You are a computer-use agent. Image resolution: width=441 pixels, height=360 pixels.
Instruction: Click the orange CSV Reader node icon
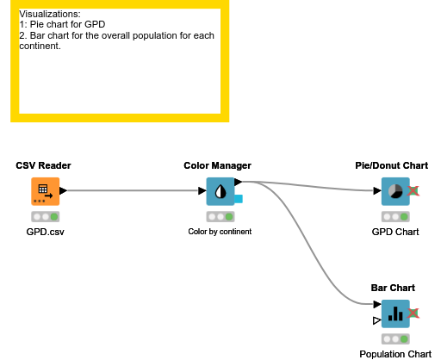click(x=45, y=191)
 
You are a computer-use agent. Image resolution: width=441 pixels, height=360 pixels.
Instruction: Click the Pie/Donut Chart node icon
click(x=394, y=191)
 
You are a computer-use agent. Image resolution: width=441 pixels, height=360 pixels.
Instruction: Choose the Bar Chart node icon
click(x=394, y=313)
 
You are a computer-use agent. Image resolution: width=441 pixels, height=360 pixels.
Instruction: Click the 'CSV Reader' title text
click(x=43, y=165)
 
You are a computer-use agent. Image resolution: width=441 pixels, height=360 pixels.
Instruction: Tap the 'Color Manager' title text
click(x=218, y=165)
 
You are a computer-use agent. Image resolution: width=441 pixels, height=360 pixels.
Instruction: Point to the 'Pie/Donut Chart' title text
click(x=391, y=165)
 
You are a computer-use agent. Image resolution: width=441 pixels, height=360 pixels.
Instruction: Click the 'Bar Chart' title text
click(x=393, y=288)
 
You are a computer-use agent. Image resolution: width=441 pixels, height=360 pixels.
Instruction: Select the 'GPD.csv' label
click(x=45, y=232)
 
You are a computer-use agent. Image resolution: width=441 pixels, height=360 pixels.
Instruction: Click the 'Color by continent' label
click(x=219, y=232)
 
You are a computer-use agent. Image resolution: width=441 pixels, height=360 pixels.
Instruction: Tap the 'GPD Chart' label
click(x=394, y=232)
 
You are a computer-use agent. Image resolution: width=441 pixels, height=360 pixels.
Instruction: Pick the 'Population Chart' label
click(x=395, y=354)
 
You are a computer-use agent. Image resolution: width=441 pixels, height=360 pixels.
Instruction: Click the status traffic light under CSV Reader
click(x=45, y=217)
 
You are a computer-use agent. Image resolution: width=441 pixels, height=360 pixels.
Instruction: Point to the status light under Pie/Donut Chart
click(x=394, y=217)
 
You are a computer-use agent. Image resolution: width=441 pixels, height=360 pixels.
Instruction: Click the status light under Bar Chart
click(x=394, y=339)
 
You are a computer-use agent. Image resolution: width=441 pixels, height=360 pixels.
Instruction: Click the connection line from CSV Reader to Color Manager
click(x=134, y=190)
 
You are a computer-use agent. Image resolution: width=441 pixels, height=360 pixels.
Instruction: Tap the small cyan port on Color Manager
click(x=238, y=200)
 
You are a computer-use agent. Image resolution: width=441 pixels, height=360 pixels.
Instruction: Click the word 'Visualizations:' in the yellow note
click(x=50, y=15)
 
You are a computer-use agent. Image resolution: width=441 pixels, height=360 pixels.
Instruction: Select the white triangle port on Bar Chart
click(x=376, y=321)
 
